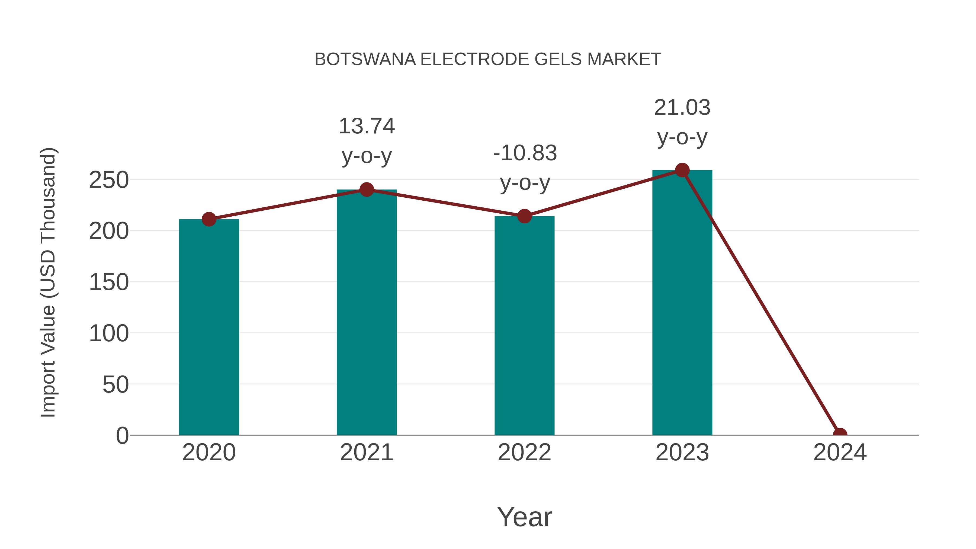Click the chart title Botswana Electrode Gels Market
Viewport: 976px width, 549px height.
pos(488,59)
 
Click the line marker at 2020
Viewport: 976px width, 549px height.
pos(209,219)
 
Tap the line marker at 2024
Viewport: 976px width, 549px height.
pos(840,434)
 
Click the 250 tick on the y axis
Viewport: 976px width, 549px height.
pos(109,180)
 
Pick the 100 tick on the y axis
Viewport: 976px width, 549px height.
pos(109,333)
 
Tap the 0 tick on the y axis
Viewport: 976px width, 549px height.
pos(122,436)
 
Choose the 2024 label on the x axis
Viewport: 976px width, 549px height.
pos(840,452)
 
